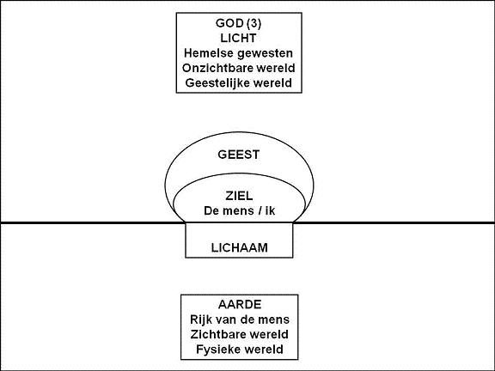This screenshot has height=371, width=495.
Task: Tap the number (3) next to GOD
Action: point(254,23)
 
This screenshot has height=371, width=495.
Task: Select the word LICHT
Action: point(238,38)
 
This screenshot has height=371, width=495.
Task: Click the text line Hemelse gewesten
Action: point(238,53)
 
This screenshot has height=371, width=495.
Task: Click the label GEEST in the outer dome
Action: point(239,155)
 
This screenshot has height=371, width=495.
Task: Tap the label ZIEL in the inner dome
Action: point(239,196)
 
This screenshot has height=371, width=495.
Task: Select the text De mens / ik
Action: point(239,210)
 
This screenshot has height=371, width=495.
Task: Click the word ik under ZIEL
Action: point(270,210)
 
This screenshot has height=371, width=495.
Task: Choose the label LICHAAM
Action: point(239,247)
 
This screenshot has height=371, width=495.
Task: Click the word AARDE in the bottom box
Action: point(240,304)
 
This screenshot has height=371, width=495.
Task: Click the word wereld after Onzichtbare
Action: point(276,68)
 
